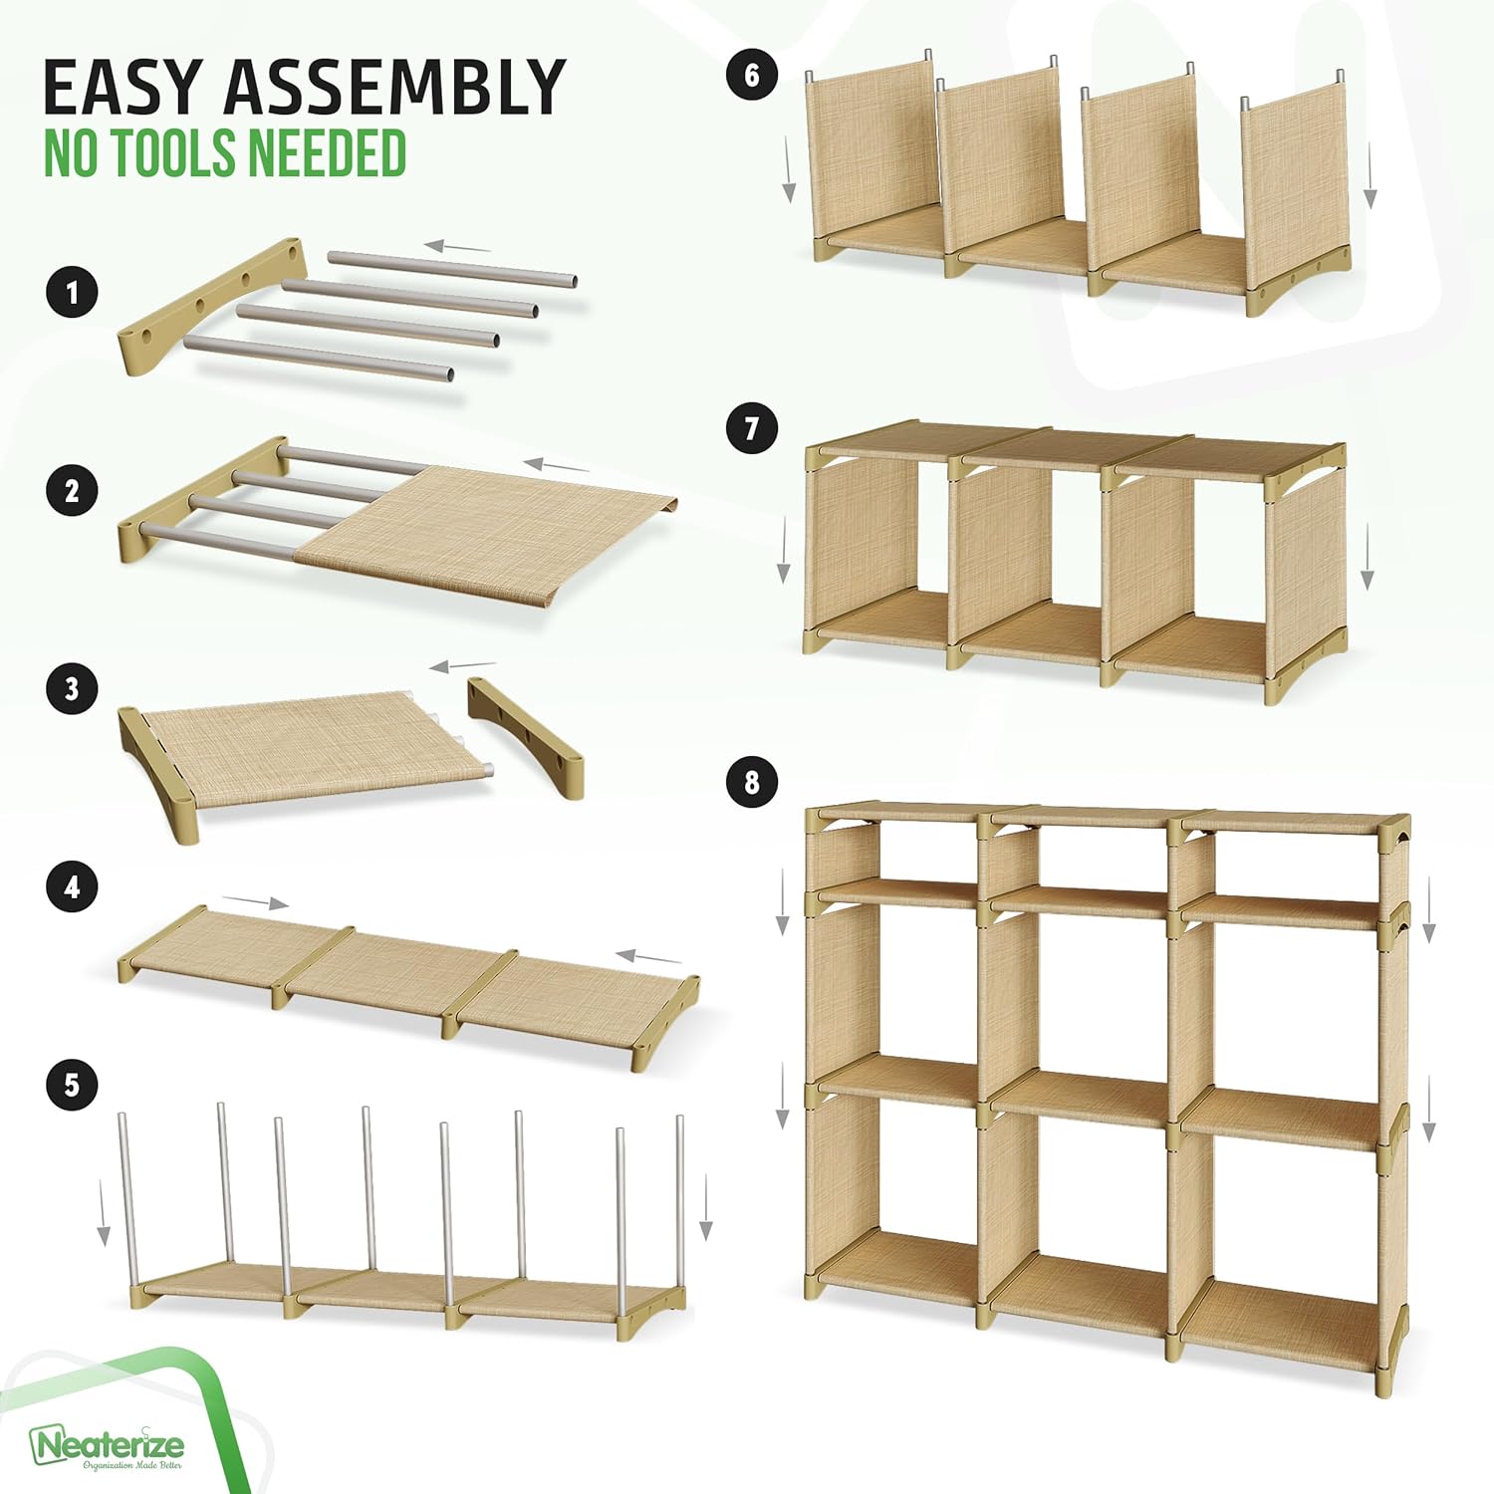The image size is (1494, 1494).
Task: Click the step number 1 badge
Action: coord(72,293)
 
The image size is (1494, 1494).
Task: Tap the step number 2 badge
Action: coord(72,491)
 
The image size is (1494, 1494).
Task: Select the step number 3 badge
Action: coord(72,688)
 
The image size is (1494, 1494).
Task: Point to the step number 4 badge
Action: coord(72,886)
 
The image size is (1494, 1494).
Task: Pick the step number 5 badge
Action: coord(72,1084)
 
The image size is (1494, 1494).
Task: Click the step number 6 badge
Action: coord(752,76)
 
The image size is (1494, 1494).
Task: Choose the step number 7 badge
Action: coord(752,429)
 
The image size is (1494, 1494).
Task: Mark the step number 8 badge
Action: coord(752,782)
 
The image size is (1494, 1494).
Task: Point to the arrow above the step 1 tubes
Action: coord(457,246)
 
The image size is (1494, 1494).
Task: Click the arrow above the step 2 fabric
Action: coord(557,465)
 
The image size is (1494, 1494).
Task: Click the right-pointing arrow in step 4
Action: coord(256,902)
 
